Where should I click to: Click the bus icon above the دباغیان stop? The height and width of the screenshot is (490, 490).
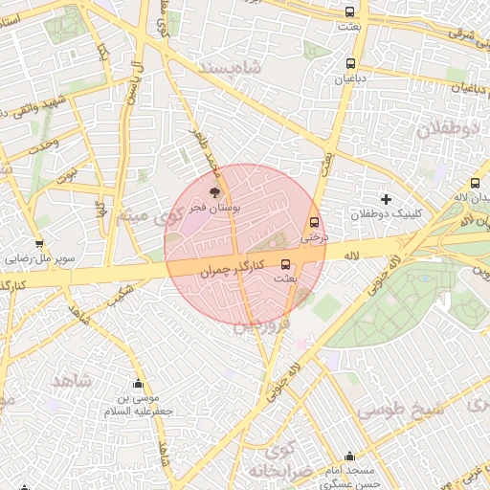(x=350, y=64)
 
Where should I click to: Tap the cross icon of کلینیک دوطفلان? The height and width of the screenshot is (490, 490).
(x=386, y=199)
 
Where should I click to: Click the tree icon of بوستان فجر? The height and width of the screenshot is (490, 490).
(x=213, y=192)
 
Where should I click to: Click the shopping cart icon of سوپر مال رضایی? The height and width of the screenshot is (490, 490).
(x=39, y=244)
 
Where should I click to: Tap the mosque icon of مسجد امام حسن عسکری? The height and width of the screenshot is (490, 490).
(x=348, y=457)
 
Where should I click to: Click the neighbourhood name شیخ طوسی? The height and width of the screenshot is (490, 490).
(x=402, y=409)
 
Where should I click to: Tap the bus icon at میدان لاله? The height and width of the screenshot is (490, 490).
(x=475, y=184)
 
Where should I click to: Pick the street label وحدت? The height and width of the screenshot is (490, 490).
(x=42, y=146)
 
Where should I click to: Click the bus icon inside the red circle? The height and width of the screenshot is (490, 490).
(x=285, y=264)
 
